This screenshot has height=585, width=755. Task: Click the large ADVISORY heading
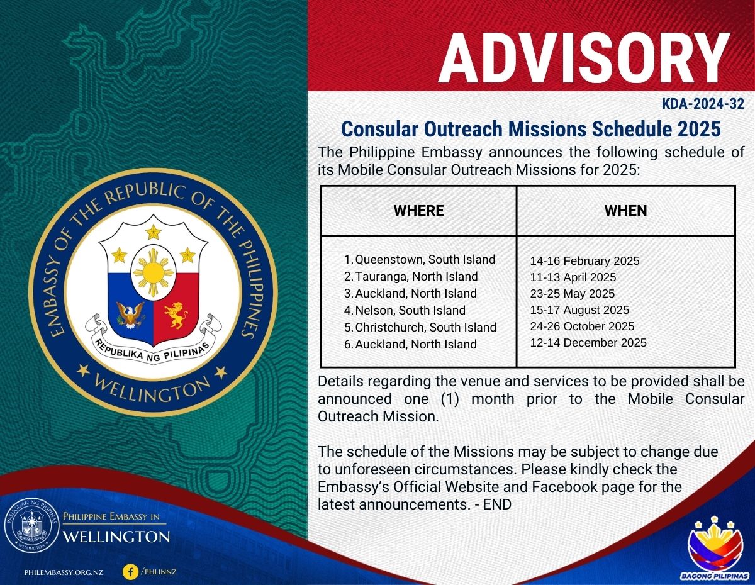[x=584, y=58]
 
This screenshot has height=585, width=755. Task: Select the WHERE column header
[x=418, y=211]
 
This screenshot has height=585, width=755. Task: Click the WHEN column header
[x=626, y=211]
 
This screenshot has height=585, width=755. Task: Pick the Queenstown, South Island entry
[x=420, y=260]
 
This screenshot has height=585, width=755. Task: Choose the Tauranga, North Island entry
[x=411, y=277]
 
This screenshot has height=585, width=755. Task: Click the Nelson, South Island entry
[x=405, y=310]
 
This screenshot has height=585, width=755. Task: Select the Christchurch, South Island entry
[x=420, y=327]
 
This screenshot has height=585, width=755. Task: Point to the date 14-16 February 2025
[x=584, y=261]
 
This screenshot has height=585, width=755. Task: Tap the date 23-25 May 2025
[x=573, y=294]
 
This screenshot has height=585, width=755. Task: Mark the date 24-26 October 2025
[x=583, y=326]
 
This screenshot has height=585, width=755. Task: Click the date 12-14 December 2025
[x=588, y=343]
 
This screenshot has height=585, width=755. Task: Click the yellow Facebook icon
[x=131, y=572]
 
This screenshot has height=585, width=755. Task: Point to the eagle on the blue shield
[x=130, y=315]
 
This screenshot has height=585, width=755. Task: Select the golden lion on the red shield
[x=177, y=315]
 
